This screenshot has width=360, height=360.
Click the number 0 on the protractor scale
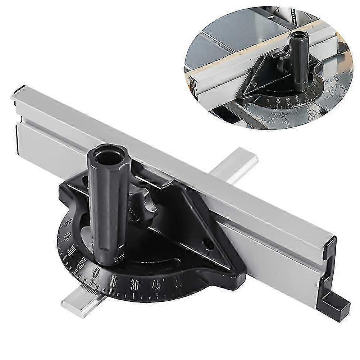click(97, 270)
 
